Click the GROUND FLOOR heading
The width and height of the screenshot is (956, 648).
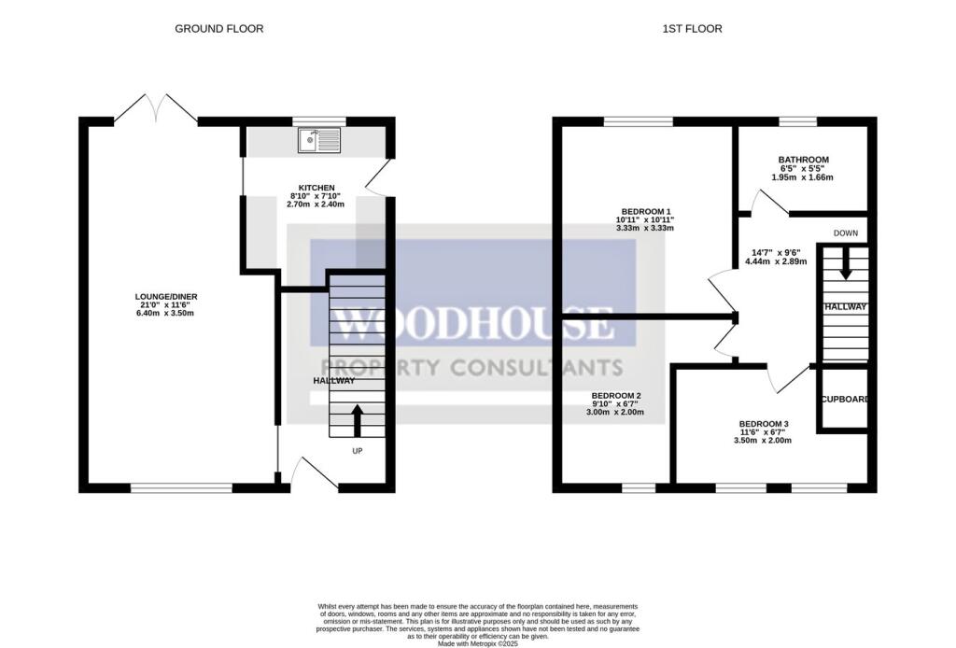(219, 29)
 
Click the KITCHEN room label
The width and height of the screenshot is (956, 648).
(316, 188)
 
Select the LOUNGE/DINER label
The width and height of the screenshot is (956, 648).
(166, 297)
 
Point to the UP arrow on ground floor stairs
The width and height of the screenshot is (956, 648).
(357, 419)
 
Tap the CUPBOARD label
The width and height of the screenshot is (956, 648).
(845, 400)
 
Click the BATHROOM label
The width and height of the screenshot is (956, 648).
(803, 161)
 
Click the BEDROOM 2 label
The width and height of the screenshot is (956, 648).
(615, 395)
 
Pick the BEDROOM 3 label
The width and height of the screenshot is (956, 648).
(764, 424)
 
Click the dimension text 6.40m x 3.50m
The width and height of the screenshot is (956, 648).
(166, 313)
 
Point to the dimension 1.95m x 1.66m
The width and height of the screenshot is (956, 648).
(803, 177)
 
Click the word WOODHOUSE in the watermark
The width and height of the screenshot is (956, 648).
(473, 325)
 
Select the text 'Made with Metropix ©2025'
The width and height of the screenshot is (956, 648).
(477, 641)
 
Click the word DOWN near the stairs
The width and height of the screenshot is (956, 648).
(847, 232)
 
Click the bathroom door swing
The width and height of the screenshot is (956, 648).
(767, 203)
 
